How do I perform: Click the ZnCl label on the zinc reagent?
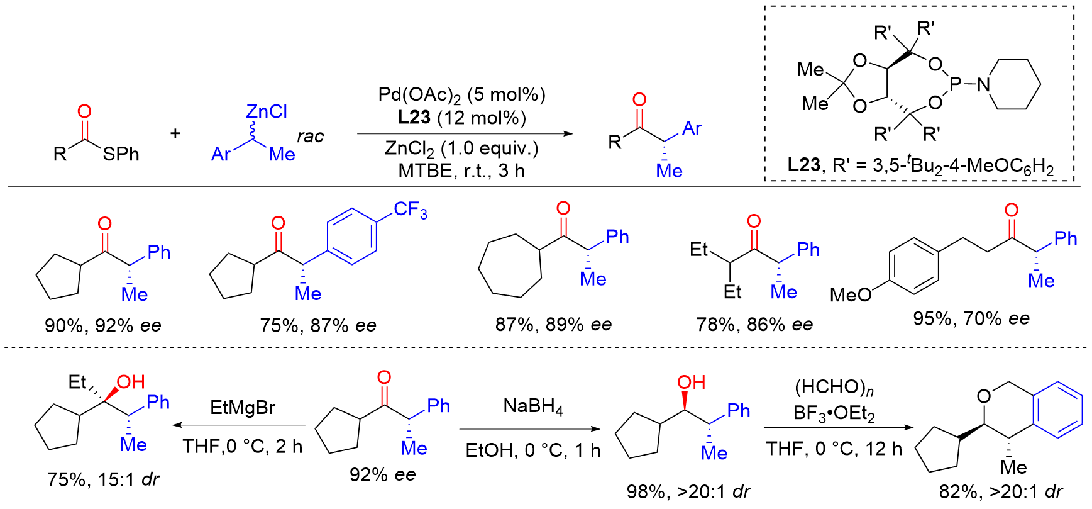[267, 111]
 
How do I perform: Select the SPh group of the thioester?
[121, 154]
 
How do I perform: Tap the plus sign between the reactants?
[175, 133]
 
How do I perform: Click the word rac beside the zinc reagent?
[310, 137]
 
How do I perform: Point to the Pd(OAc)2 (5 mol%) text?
[461, 95]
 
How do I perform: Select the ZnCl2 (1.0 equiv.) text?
[461, 148]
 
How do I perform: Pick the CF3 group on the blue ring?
[411, 210]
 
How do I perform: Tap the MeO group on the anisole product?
[851, 294]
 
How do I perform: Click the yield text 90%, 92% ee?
[103, 325]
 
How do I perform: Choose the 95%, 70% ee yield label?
[971, 318]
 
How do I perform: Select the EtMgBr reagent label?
[243, 408]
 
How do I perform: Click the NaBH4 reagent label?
[533, 406]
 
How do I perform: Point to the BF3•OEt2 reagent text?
[834, 413]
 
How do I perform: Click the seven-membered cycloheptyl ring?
[510, 265]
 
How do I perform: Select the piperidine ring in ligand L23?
[1012, 84]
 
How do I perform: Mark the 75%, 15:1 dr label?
[103, 479]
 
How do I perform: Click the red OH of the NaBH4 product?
[691, 382]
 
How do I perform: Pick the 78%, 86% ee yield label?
[754, 324]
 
